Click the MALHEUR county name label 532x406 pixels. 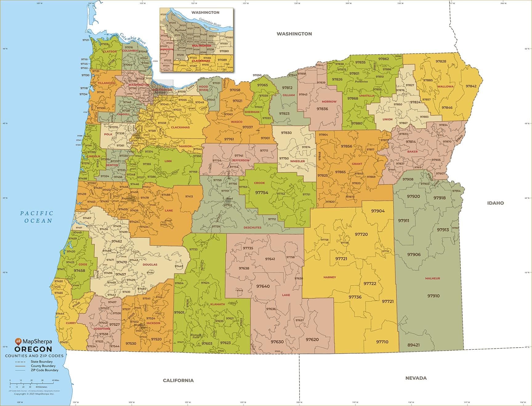tap(432, 278)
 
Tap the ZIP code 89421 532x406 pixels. tap(413, 345)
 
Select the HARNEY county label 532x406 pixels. tap(329, 277)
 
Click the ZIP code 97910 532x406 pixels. tap(433, 296)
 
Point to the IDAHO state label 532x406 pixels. tap(495, 203)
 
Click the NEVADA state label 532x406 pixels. tap(416, 378)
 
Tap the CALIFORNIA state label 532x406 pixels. tap(178, 380)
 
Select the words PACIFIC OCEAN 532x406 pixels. tap(37, 217)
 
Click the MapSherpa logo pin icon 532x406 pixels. tap(18, 342)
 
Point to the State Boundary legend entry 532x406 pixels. tap(42, 362)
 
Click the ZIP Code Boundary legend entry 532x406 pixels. tap(44, 370)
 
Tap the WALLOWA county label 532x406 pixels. tap(445, 86)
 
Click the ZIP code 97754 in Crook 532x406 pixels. tap(262, 193)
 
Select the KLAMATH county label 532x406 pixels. tap(217, 304)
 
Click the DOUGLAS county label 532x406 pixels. tap(150, 265)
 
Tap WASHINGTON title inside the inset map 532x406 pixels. tap(205, 13)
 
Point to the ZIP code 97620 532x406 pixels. tap(312, 340)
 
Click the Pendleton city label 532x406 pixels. tap(361, 82)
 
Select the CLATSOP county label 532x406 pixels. tap(110, 52)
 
